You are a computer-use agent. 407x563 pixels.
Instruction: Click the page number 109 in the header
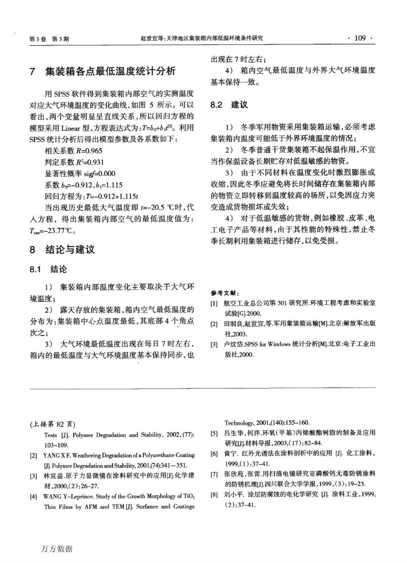[x=360, y=38]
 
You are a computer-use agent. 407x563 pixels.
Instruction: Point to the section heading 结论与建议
[x=70, y=250]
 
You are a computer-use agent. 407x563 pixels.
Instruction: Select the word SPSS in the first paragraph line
[x=62, y=94]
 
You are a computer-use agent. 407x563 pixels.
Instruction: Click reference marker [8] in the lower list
[x=214, y=494]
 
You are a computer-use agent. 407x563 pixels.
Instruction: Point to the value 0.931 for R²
[x=96, y=162]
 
